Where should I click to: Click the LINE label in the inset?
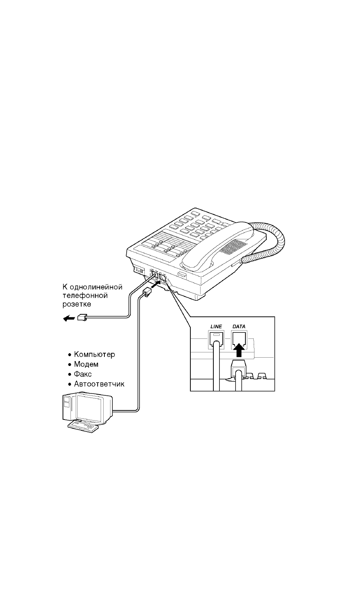216,326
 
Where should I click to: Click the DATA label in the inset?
239,326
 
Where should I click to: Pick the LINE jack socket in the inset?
216,339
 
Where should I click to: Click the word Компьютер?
95,354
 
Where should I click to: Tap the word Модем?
86,364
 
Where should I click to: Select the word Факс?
83,374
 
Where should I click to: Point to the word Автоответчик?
99,384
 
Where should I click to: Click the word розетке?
77,304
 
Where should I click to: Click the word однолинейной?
96,287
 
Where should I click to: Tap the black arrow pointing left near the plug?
69,318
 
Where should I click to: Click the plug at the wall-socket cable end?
82,317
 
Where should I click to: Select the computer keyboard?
83,426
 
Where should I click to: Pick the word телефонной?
85,296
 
